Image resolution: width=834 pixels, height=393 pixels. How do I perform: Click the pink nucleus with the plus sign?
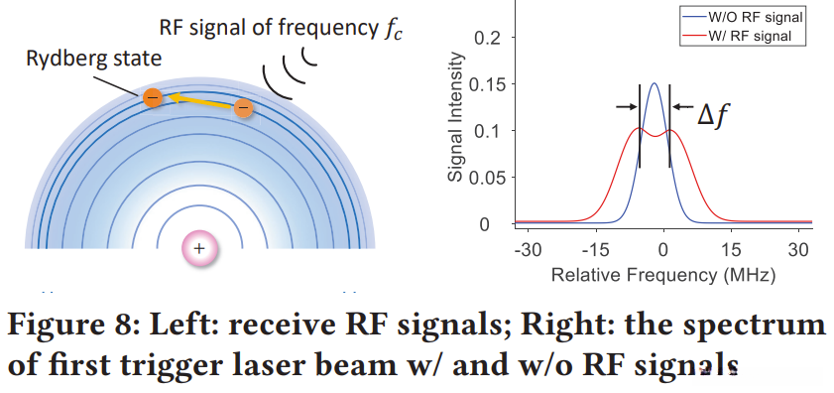click(x=199, y=248)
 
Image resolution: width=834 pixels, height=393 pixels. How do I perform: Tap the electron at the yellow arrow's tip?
click(x=153, y=97)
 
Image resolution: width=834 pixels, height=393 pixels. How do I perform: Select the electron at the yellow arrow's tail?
click(x=243, y=108)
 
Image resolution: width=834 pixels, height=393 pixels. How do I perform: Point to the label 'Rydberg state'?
click(x=93, y=58)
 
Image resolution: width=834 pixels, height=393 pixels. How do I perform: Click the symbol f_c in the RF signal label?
click(x=392, y=30)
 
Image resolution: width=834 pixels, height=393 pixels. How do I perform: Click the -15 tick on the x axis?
click(x=595, y=249)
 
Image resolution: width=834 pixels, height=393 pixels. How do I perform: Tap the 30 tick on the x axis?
click(x=798, y=249)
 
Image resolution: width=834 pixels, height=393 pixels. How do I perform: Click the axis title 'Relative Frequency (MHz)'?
click(x=663, y=275)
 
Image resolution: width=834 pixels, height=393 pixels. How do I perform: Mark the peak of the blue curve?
click(x=655, y=83)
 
